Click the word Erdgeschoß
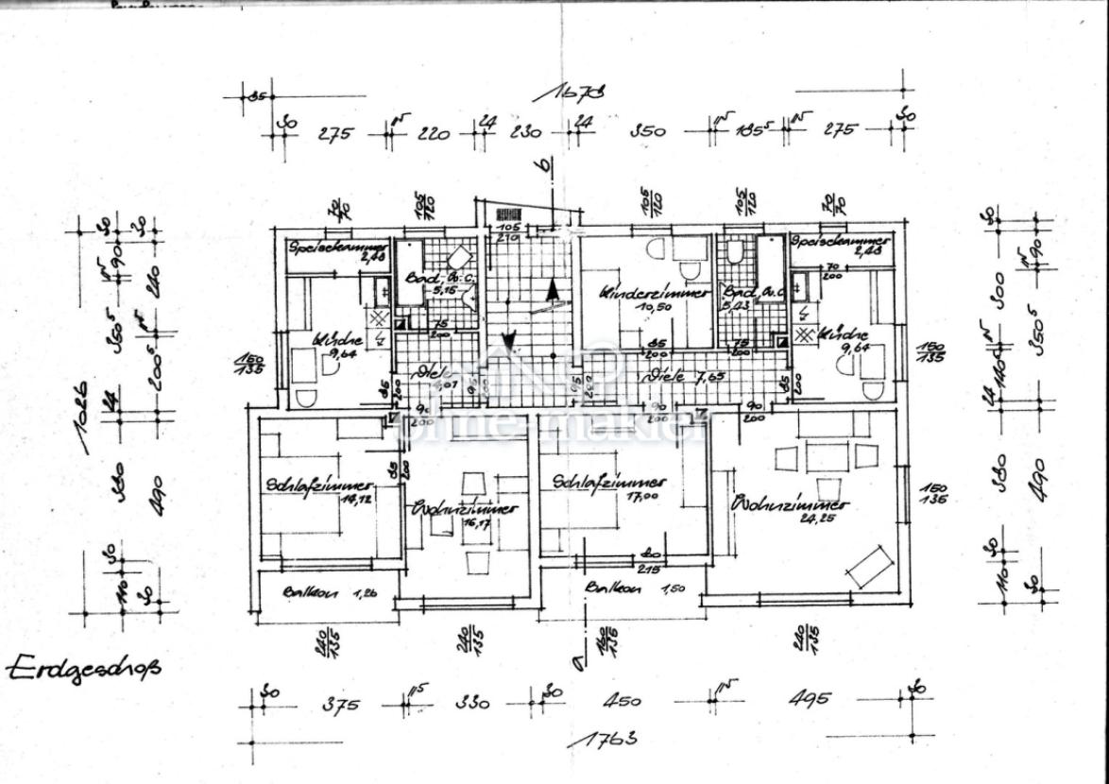coord(84,669)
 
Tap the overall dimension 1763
coord(610,737)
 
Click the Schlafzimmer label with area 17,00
coord(609,482)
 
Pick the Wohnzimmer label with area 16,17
coord(465,509)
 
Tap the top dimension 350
coord(648,132)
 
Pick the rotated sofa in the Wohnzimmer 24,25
coord(870,565)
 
